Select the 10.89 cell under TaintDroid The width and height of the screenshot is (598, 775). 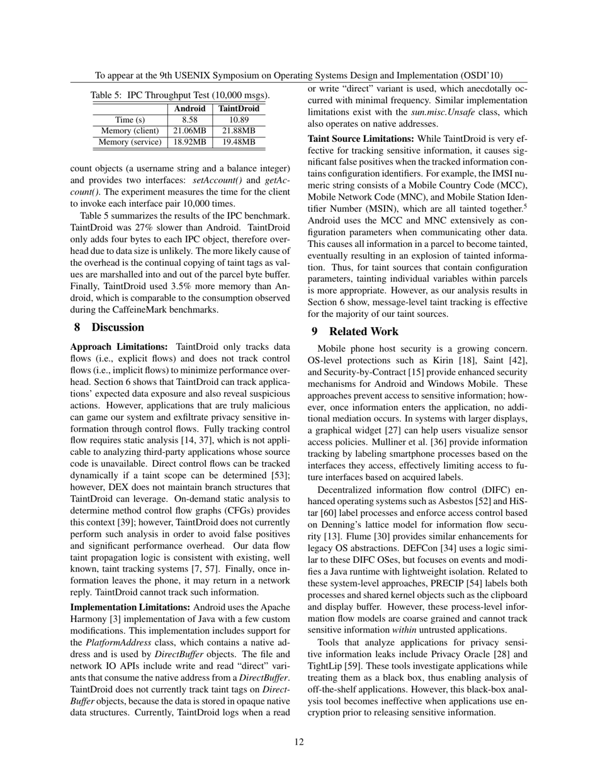tap(239, 120)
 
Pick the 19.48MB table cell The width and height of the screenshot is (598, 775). tap(239, 142)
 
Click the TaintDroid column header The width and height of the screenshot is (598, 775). tap(239, 109)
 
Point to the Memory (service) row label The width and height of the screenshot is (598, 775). tap(130, 142)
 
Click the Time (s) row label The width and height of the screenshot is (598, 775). tap(130, 120)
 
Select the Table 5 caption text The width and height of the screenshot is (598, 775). tap(180, 96)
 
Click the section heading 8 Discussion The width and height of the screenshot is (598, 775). tap(109, 328)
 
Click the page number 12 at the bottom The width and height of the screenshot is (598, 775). tap(299, 742)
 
